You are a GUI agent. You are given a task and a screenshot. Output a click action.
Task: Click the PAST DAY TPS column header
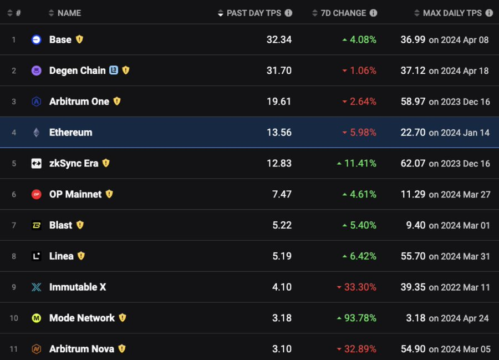tap(253, 13)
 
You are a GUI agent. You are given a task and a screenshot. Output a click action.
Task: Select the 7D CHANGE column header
tap(343, 13)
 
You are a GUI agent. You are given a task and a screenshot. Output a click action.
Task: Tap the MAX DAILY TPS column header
tap(452, 13)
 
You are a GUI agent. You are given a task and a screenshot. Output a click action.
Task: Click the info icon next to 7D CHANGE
tap(374, 13)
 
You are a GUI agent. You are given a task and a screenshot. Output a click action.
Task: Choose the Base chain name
tap(60, 39)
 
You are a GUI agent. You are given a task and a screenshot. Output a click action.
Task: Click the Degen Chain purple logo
tap(36, 70)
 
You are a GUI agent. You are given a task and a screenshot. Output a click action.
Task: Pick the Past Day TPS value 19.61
tap(279, 102)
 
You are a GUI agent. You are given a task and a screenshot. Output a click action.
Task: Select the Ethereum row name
tap(70, 133)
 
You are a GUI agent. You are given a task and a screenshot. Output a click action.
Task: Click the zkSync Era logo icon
tap(36, 163)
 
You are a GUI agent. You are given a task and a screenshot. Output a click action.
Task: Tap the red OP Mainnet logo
tap(36, 194)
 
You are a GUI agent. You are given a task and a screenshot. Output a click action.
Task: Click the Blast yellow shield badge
tap(80, 225)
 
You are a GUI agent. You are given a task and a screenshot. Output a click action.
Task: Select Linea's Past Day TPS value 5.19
tap(281, 256)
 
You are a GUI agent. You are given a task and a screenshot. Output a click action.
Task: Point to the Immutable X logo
tap(36, 287)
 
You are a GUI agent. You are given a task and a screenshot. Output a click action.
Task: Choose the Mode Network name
tap(82, 318)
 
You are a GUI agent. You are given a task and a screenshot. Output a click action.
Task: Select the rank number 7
tap(14, 225)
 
